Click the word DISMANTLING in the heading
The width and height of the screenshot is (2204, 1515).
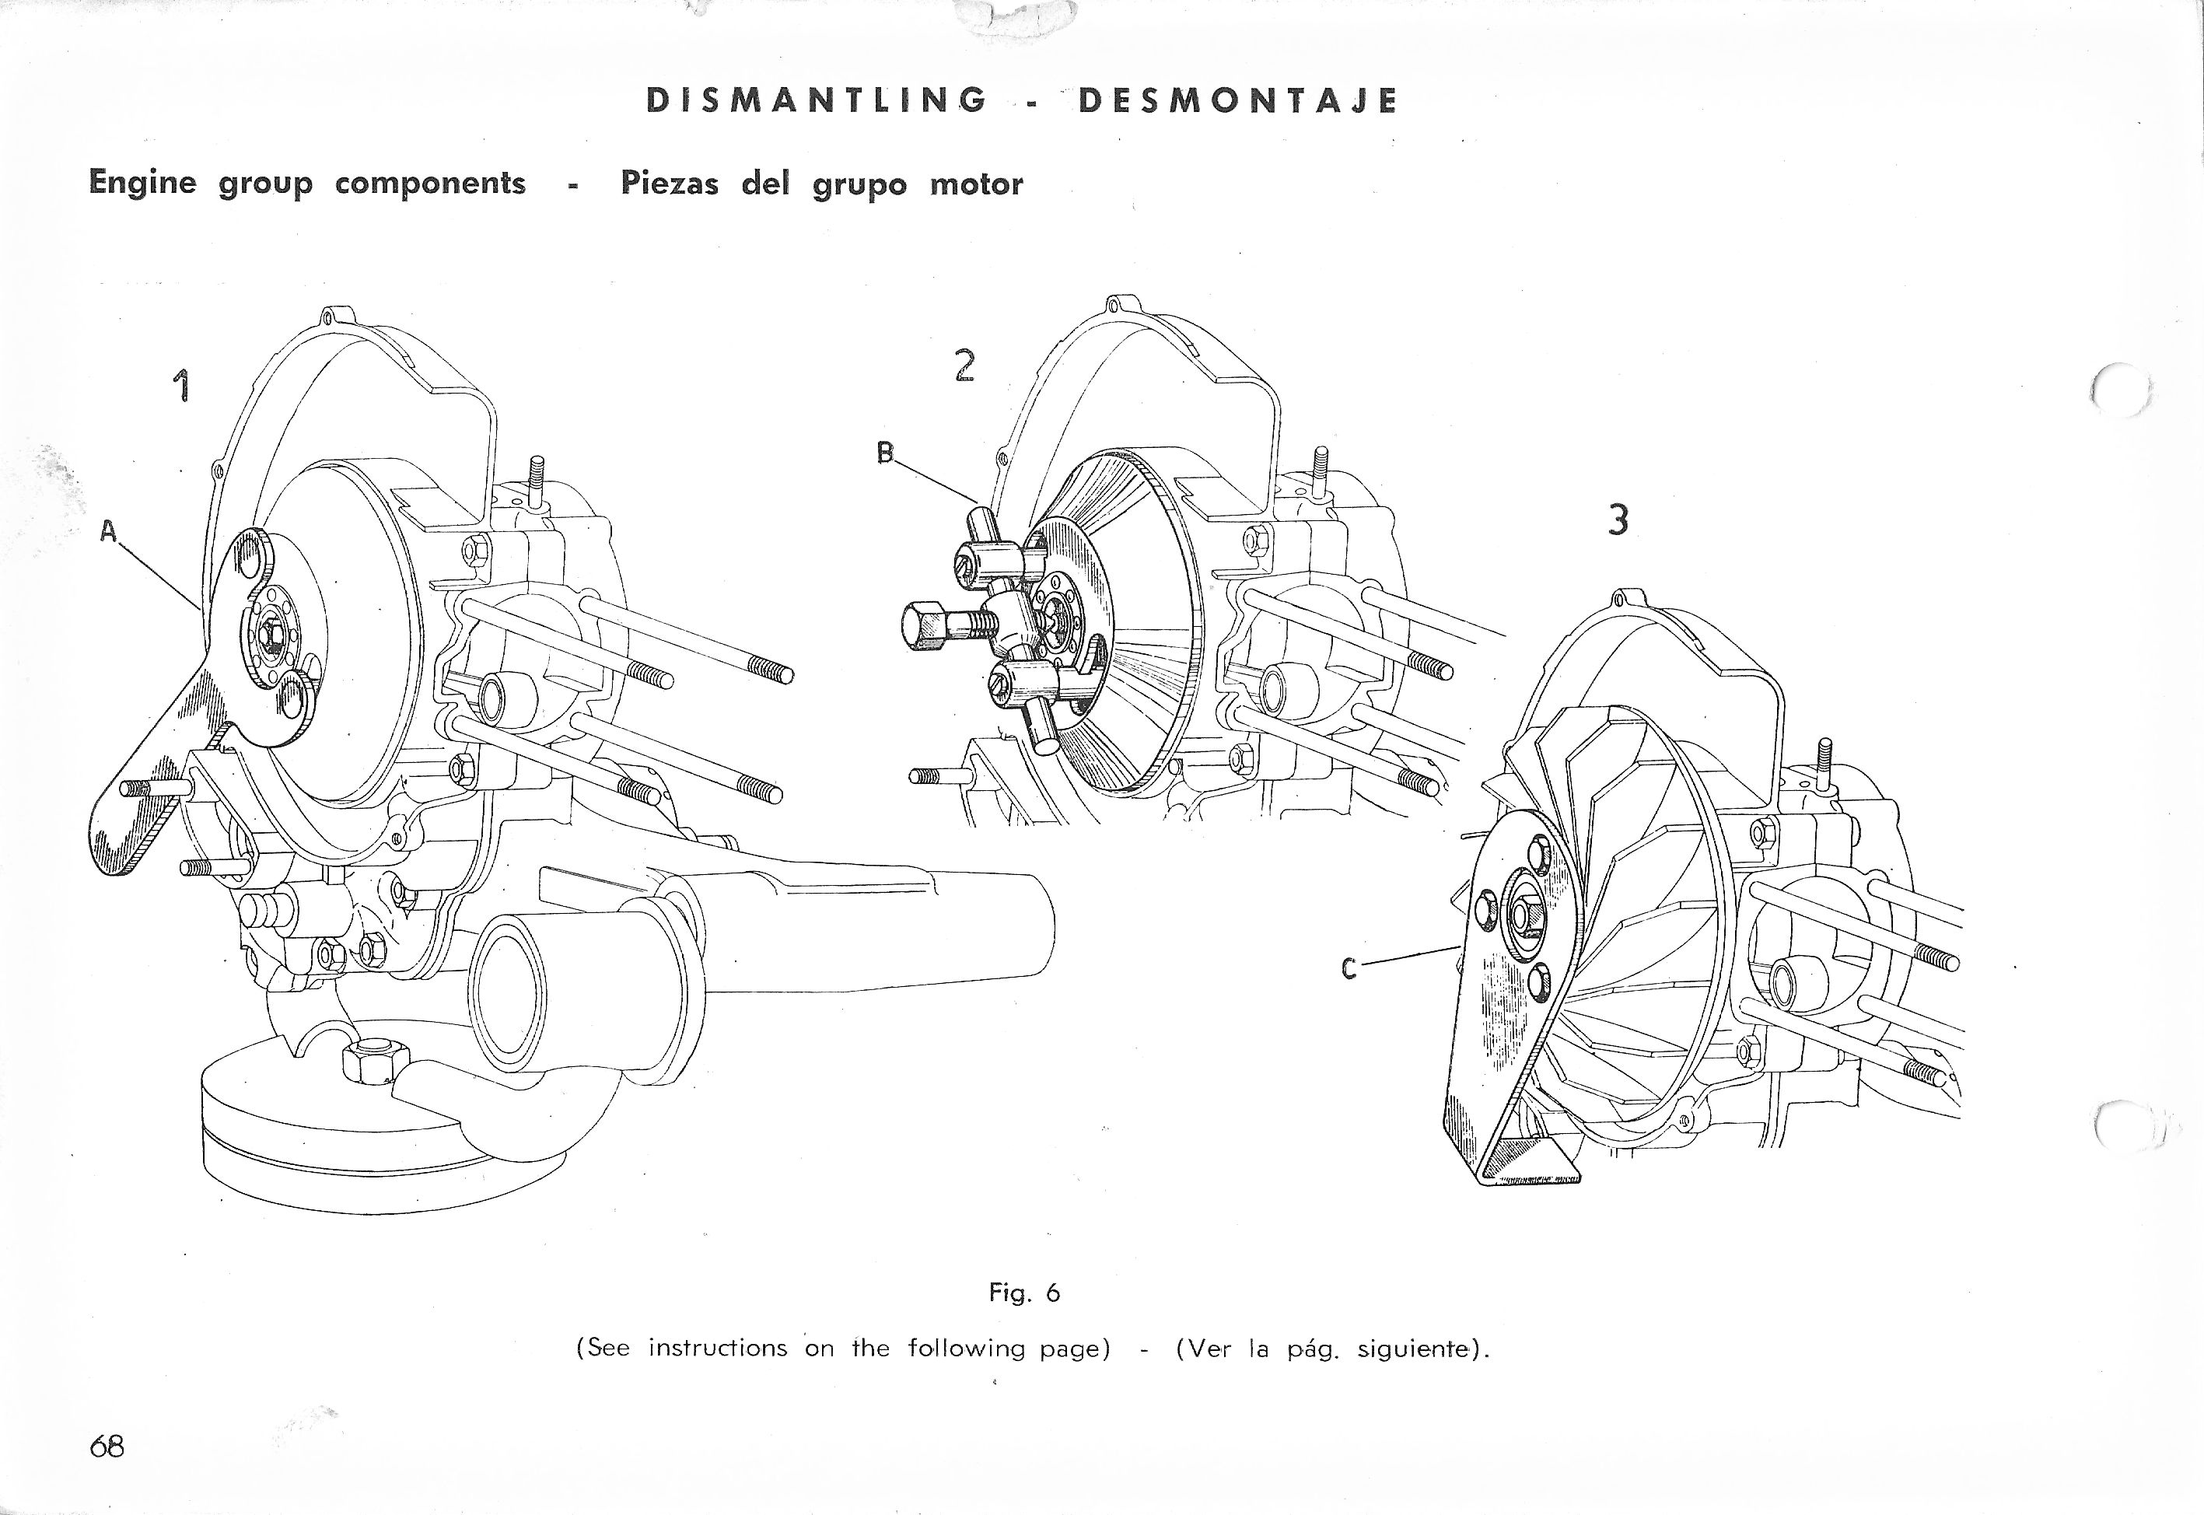pos(815,100)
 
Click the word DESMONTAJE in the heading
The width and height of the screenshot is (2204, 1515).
pos(1238,100)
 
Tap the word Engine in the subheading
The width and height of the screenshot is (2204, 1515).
pos(142,181)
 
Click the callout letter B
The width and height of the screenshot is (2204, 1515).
pos(886,453)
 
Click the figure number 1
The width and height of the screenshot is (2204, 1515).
pos(180,387)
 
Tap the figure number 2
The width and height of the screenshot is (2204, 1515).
pos(964,365)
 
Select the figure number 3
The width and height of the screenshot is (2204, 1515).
pos(1618,520)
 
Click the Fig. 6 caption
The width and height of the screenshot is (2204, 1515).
pos(1024,1292)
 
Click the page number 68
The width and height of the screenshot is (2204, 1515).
pos(107,1447)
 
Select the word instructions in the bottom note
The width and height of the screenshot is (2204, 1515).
pos(718,1348)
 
